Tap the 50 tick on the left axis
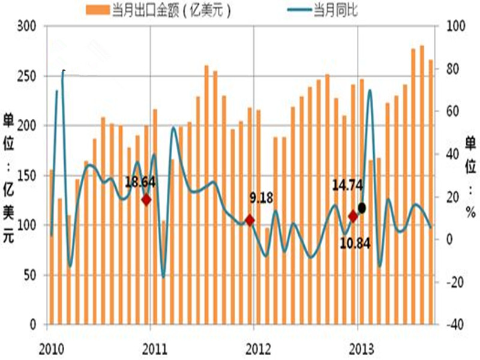(x=28, y=275)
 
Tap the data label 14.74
(x=346, y=187)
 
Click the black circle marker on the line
(x=361, y=208)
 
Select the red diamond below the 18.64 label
(x=146, y=200)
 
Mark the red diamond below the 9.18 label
(x=250, y=220)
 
